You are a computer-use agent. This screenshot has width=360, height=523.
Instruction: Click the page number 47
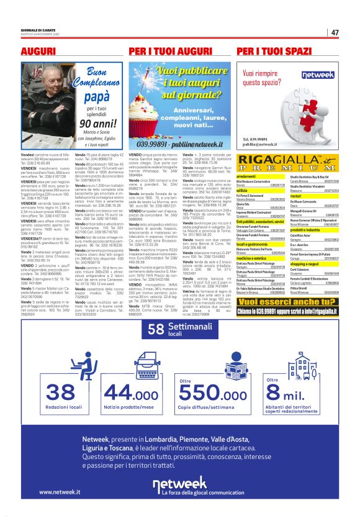click(x=335, y=32)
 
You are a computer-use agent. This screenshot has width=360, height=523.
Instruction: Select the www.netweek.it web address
click(x=60, y=493)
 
